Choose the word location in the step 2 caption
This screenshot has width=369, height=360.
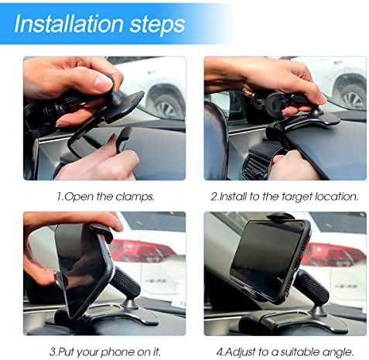[x=335, y=197]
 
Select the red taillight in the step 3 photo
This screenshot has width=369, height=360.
[x=139, y=252]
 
